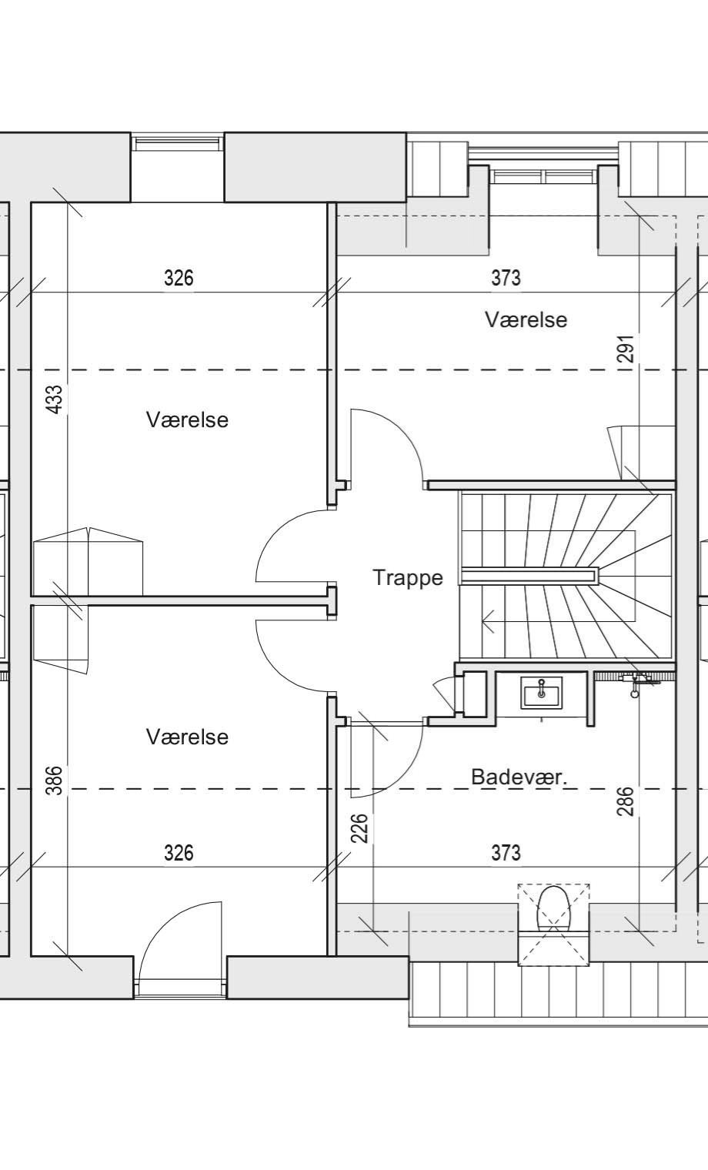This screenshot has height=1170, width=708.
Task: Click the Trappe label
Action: click(x=408, y=577)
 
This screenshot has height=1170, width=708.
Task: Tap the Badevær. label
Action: click(x=519, y=777)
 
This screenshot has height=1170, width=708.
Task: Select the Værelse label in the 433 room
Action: click(x=187, y=420)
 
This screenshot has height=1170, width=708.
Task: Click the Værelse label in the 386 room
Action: click(x=187, y=737)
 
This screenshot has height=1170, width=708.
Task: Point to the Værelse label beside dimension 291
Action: click(x=526, y=319)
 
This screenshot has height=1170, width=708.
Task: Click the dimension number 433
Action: click(x=54, y=399)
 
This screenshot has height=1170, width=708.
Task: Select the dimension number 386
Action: click(x=54, y=780)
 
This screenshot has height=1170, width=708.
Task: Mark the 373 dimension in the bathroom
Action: click(x=506, y=853)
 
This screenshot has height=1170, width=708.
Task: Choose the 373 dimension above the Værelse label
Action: click(x=506, y=278)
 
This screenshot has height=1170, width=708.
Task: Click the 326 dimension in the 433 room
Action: click(x=179, y=278)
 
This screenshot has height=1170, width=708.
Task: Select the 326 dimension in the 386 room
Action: click(x=179, y=853)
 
